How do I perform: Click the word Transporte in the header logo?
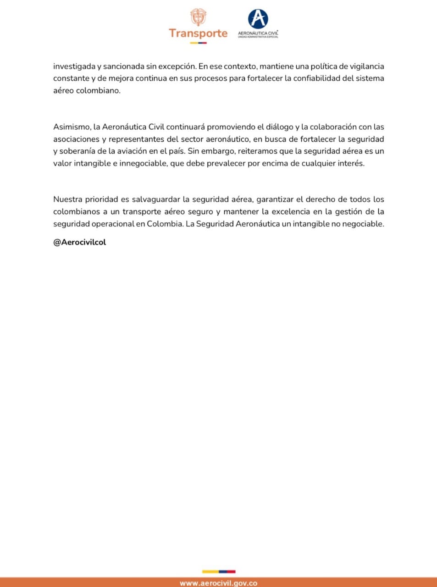pos(198,33)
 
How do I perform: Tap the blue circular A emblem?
pos(258,19)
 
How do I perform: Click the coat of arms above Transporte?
pos(198,17)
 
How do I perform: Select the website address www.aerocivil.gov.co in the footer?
pos(218,583)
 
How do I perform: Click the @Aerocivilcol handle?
pos(79,242)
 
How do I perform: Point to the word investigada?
pos(74,66)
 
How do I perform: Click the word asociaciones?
pos(76,139)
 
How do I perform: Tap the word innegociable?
pos(143,163)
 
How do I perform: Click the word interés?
pos(351,163)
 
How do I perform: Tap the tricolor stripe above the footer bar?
pos(219,571)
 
